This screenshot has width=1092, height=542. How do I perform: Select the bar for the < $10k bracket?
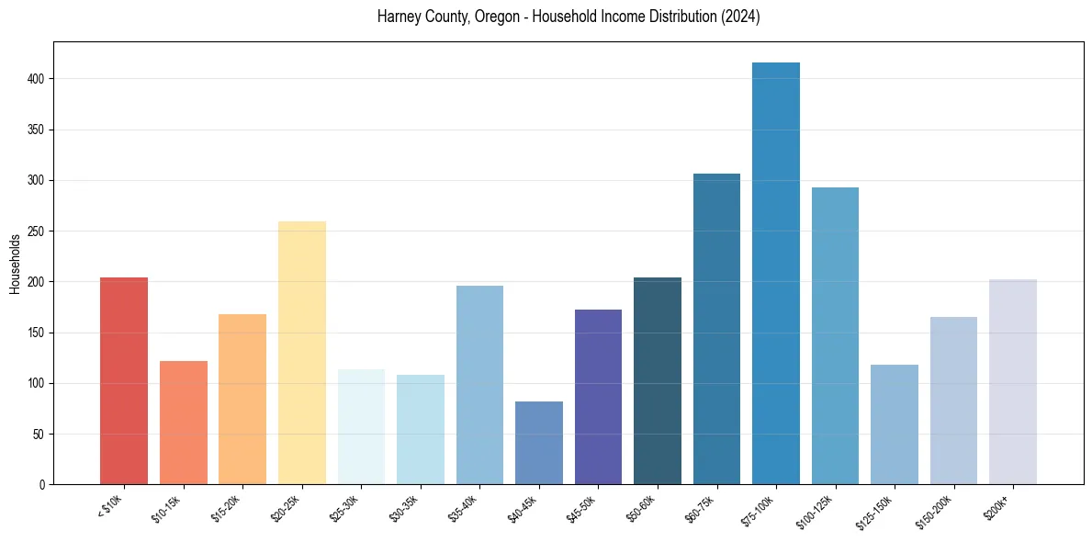[124, 380]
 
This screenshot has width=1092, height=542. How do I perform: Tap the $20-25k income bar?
[302, 353]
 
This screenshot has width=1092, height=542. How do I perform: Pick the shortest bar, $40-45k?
[539, 443]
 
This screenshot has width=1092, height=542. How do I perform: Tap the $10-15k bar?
[184, 423]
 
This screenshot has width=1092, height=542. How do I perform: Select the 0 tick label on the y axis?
[42, 484]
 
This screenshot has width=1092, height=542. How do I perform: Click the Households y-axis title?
[15, 264]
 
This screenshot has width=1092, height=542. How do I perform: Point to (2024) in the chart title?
[740, 17]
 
